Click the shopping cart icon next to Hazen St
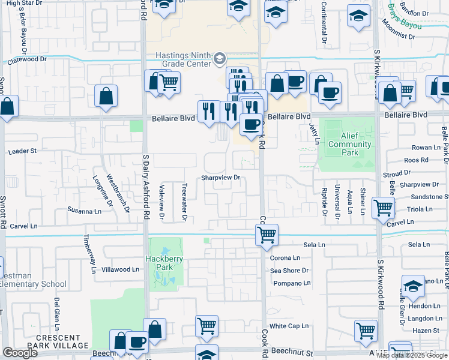click(x=366, y=330)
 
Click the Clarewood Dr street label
click(x=26, y=59)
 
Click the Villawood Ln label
click(x=120, y=270)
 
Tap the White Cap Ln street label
click(x=289, y=326)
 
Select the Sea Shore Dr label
click(x=289, y=271)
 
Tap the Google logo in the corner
click(x=20, y=353)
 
